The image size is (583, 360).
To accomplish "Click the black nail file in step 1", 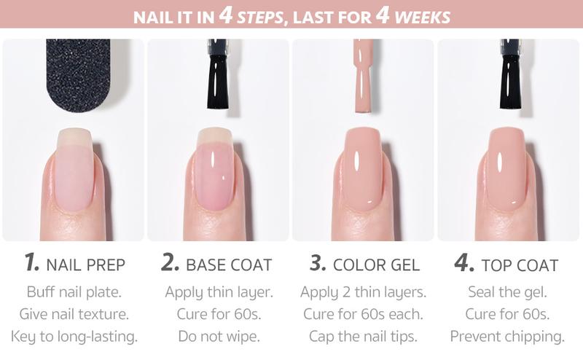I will (77, 73).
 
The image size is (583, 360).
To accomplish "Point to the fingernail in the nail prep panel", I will (74, 171).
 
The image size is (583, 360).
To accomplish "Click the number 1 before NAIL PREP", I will (31, 264).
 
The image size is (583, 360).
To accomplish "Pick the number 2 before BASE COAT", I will (170, 264).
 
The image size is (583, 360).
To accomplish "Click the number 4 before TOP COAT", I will (463, 264).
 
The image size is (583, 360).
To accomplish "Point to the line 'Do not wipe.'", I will (219, 337).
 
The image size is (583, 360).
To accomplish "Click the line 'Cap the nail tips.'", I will (362, 337).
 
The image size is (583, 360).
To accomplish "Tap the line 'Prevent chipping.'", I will (507, 337).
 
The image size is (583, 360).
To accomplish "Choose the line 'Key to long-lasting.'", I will (74, 337).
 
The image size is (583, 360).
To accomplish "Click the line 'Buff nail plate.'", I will (74, 293).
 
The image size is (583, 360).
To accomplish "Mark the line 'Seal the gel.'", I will (507, 293).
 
